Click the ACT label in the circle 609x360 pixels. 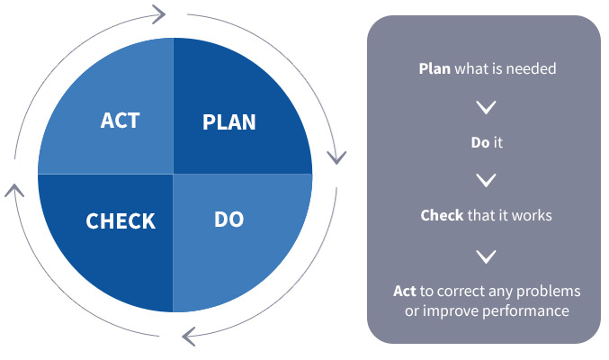(x=120, y=120)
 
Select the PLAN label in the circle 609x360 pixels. (x=229, y=122)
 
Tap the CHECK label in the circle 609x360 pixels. (x=121, y=221)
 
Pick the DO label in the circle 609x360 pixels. (x=229, y=220)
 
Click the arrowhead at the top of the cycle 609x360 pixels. (x=159, y=14)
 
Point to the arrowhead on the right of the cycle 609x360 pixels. (x=336, y=157)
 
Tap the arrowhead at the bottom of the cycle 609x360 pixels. (x=188, y=337)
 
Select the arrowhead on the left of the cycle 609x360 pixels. (x=14, y=190)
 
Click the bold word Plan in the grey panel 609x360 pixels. (x=434, y=68)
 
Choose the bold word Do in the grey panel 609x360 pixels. (x=480, y=143)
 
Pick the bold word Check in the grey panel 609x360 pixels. (x=442, y=215)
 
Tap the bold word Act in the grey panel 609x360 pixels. (x=404, y=292)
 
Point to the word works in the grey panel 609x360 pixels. (x=532, y=215)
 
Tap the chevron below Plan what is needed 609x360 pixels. (x=487, y=107)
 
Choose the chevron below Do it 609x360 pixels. (x=487, y=180)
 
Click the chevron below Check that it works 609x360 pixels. (x=487, y=256)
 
